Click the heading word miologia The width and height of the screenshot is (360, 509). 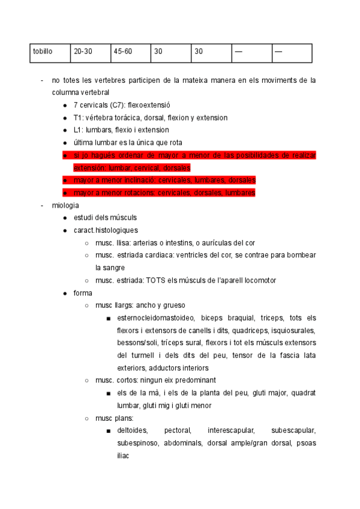pyautogui.click(x=65, y=205)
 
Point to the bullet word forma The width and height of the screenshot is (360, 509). pyautogui.click(x=83, y=293)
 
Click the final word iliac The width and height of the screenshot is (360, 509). pyautogui.click(x=123, y=456)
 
